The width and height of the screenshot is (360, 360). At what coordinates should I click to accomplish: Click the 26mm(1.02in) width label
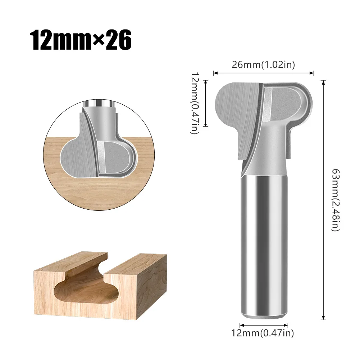click(x=264, y=65)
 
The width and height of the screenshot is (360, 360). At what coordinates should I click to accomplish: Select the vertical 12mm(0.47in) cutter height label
click(x=195, y=103)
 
